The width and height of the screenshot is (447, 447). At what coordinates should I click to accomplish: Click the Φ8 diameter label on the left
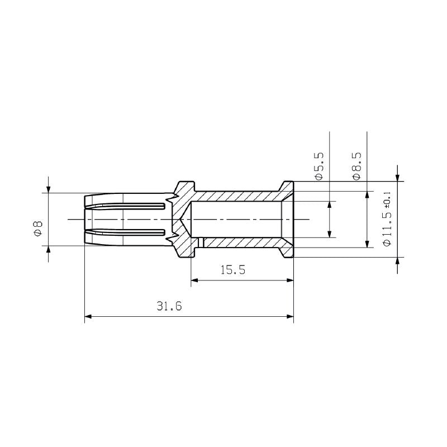(37, 229)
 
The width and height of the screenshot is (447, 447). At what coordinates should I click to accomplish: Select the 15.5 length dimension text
(233, 270)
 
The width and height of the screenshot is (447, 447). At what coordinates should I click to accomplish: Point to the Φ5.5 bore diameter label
(319, 165)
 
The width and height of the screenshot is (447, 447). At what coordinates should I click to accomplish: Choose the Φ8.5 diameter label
(356, 165)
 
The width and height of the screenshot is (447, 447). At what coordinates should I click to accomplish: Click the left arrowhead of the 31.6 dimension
(88, 317)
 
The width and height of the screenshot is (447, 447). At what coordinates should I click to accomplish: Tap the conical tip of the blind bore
(182, 218)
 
